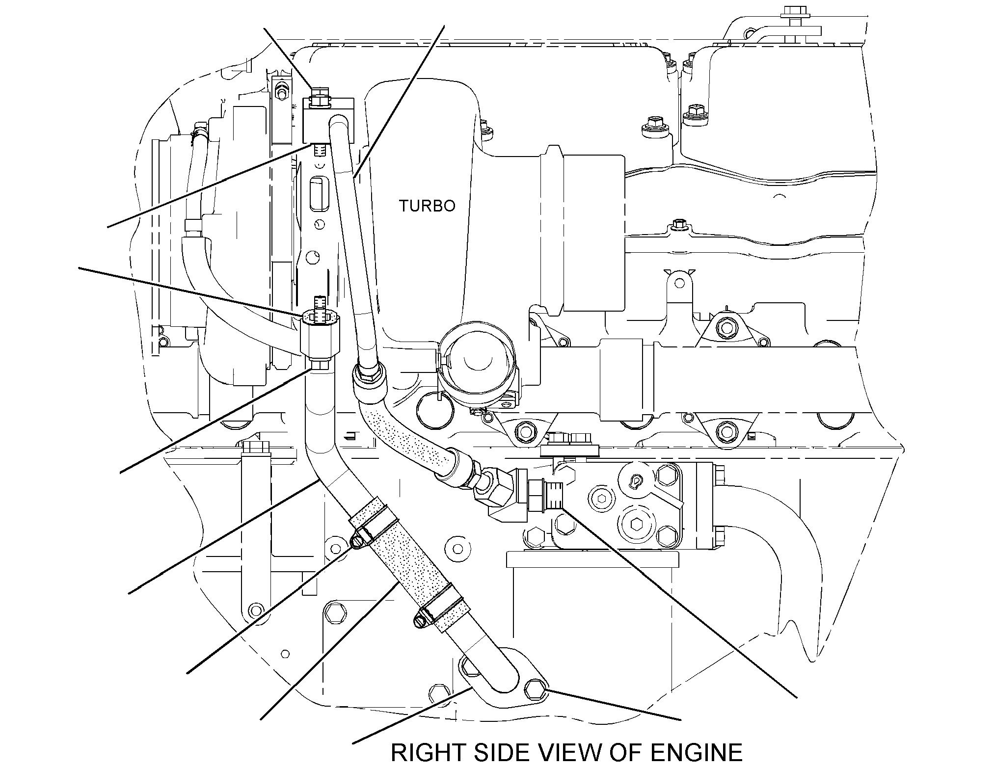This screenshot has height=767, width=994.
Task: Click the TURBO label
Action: click(x=427, y=206)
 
